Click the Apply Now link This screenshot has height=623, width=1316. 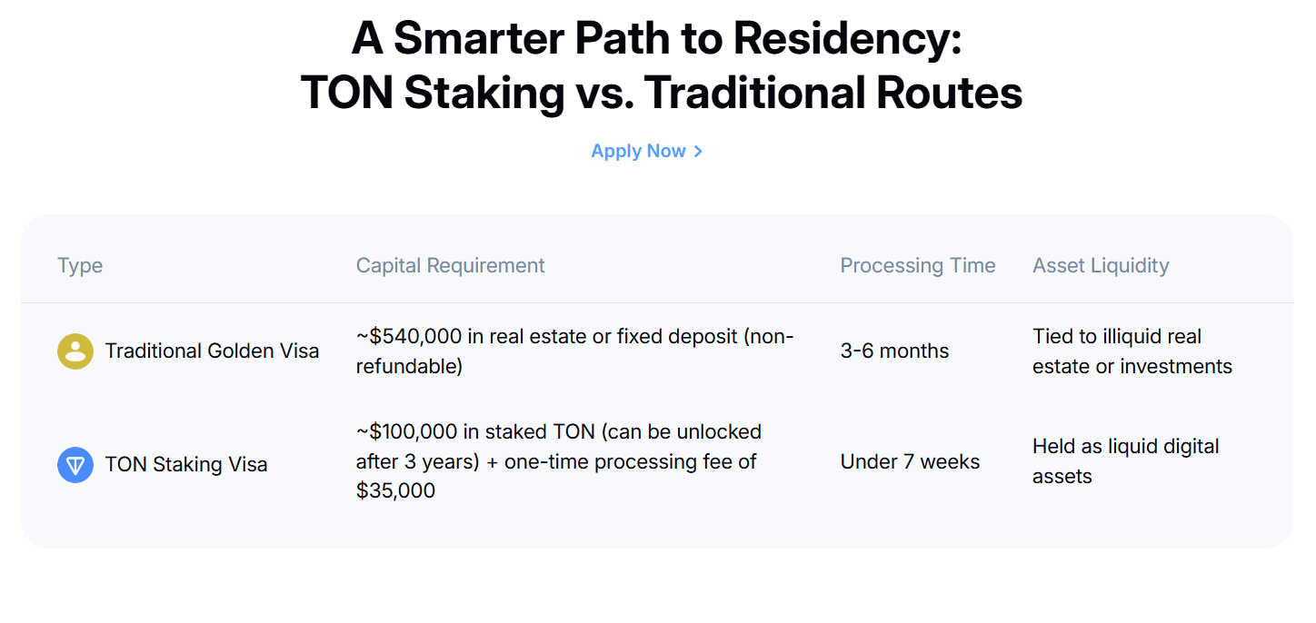[646, 151]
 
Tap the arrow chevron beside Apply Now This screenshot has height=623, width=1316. [698, 152]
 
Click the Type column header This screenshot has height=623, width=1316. [80, 266]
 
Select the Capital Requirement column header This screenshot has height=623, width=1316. [450, 265]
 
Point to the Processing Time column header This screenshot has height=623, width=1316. [918, 265]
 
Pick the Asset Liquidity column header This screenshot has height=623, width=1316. [1101, 265]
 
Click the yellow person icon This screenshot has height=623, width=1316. [75, 351]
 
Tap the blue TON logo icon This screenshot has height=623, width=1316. [75, 464]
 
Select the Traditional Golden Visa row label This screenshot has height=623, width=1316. [212, 351]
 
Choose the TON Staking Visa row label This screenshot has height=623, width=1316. [186, 464]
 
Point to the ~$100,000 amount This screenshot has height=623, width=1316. [406, 431]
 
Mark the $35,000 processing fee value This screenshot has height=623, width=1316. [395, 490]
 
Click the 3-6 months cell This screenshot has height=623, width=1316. [894, 351]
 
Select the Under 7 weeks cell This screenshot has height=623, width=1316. [910, 461]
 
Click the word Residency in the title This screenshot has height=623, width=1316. [847, 39]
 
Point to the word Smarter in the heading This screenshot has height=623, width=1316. [478, 39]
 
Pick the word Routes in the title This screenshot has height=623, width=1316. [949, 93]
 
